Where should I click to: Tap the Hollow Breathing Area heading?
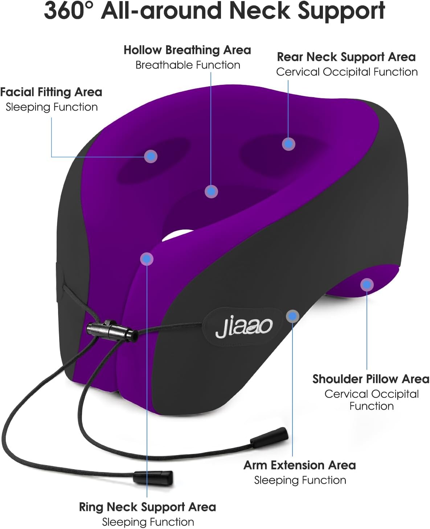[187, 50]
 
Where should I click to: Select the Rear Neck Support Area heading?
[346, 57]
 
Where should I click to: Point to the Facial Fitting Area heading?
[51, 92]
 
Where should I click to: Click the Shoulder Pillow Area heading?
[371, 379]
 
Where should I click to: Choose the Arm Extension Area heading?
[299, 465]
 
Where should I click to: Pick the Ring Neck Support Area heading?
[147, 507]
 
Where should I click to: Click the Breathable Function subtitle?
[188, 65]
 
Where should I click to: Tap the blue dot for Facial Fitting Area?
[151, 156]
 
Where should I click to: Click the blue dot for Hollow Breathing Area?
[211, 191]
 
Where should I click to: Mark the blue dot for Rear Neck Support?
[288, 144]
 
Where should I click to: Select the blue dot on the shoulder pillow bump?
[367, 285]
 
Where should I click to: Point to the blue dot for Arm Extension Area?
[292, 316]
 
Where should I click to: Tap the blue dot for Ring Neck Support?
[147, 259]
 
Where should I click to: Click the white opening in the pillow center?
[178, 235]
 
